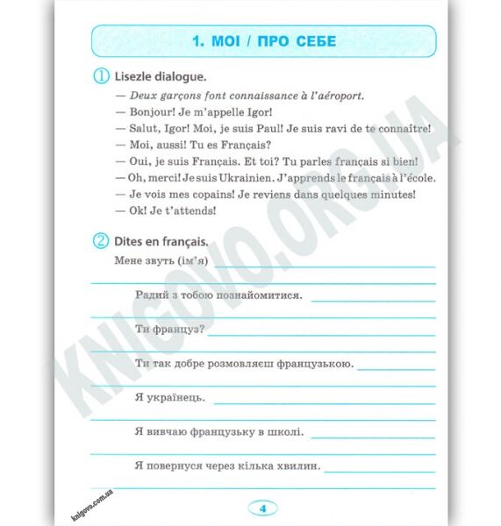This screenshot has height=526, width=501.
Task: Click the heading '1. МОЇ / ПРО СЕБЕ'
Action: click(263, 41)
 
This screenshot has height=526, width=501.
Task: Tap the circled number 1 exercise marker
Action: click(101, 77)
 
